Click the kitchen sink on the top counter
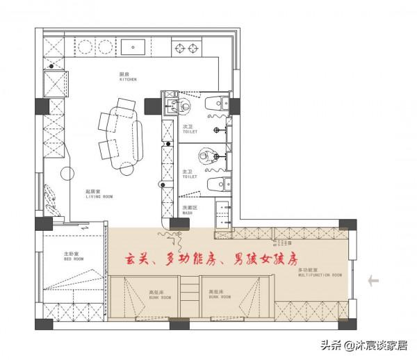point(133,47)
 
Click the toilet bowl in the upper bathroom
point(218,104)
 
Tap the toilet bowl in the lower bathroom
point(218,184)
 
